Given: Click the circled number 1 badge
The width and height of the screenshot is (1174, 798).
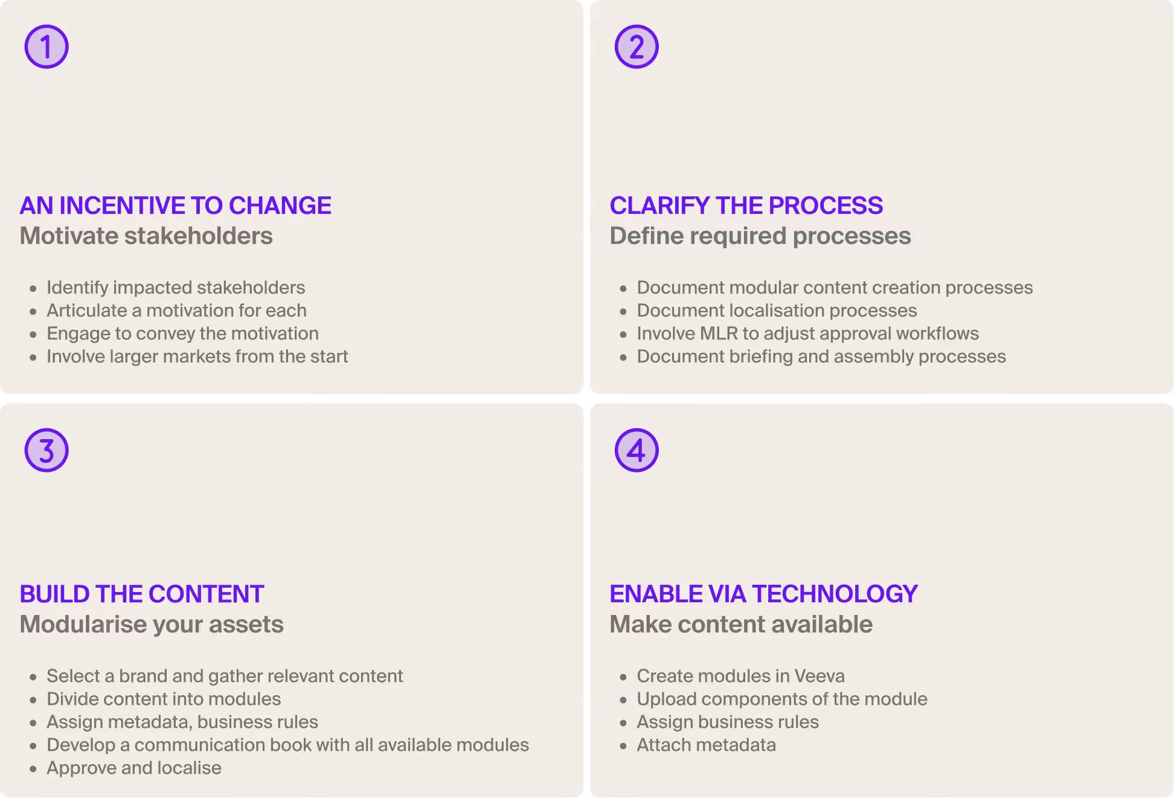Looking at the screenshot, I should pos(47,47).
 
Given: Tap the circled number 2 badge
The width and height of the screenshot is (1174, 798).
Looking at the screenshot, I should pos(637,47).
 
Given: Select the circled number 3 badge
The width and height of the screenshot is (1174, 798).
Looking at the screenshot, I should pos(47,450).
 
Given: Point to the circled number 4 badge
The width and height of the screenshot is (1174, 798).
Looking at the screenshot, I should pos(637,450).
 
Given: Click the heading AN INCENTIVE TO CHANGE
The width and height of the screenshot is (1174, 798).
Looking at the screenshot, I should pos(175,205).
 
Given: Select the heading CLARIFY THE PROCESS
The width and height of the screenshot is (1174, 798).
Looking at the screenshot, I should pos(746,205).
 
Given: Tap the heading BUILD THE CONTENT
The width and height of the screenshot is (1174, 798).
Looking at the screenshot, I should pos(142,594).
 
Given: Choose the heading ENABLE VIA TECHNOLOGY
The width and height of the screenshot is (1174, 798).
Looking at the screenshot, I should pos(763,594).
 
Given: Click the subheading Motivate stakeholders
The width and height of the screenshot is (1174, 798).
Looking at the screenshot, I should pos(146,236).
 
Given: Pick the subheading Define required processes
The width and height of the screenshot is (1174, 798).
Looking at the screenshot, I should pos(760,236).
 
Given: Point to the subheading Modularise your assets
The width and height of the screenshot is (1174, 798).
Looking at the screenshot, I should pos(152,624).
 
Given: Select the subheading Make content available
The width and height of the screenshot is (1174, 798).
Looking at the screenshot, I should pos(741,624).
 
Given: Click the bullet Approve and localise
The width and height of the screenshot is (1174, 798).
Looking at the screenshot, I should pos(134,768).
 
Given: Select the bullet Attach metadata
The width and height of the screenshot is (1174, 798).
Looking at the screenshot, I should pos(706,745).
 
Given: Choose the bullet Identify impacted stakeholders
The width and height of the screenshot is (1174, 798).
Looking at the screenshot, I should pos(176,288).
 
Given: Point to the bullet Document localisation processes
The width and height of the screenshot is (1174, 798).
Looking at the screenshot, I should pos(777,311).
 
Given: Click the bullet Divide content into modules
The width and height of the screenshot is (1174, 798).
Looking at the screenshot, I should pos(164,699).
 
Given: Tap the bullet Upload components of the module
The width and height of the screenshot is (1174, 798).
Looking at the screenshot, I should pos(782,699).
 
